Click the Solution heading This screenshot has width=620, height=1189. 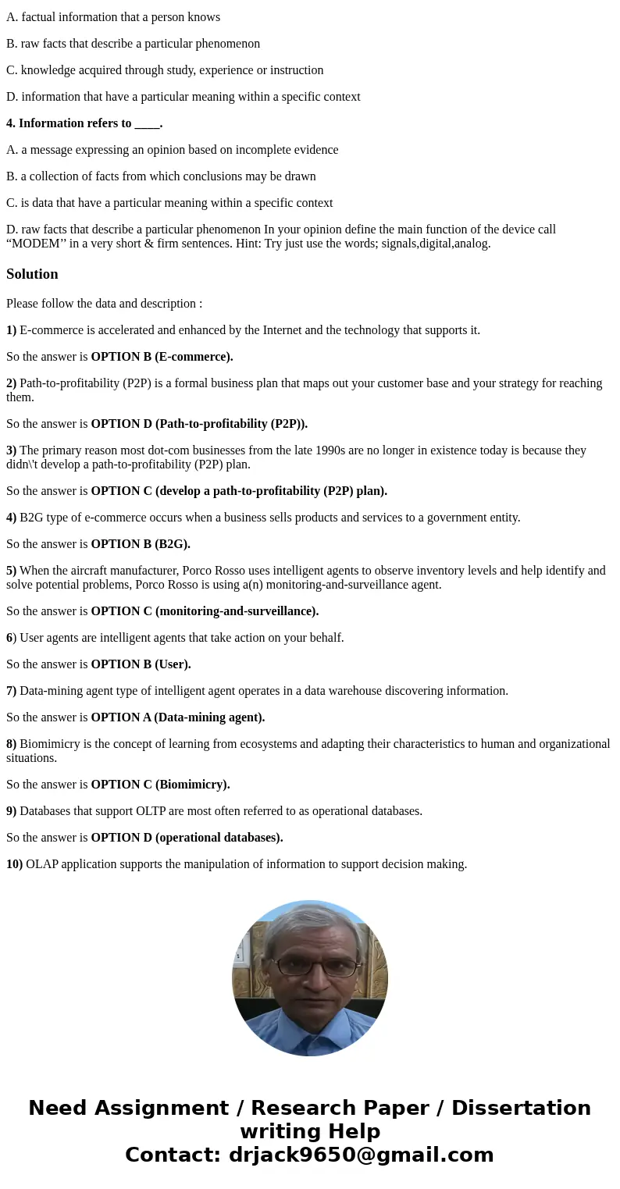32,274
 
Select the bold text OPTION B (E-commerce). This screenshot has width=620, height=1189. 162,357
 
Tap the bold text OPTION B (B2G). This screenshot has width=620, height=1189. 141,544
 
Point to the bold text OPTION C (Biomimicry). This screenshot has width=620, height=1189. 160,785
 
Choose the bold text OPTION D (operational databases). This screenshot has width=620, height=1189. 187,838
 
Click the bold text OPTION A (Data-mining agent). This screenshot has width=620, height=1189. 178,717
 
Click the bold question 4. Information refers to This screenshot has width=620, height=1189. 84,123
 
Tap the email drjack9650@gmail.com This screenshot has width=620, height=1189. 362,1155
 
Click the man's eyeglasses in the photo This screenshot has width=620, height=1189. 310,967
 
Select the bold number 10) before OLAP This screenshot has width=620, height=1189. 15,864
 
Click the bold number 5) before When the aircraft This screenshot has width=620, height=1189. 12,571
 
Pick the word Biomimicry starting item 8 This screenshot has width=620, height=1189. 49,744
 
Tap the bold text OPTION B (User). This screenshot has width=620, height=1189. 141,664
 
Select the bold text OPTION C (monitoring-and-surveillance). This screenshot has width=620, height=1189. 205,611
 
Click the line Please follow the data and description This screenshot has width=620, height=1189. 104,304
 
